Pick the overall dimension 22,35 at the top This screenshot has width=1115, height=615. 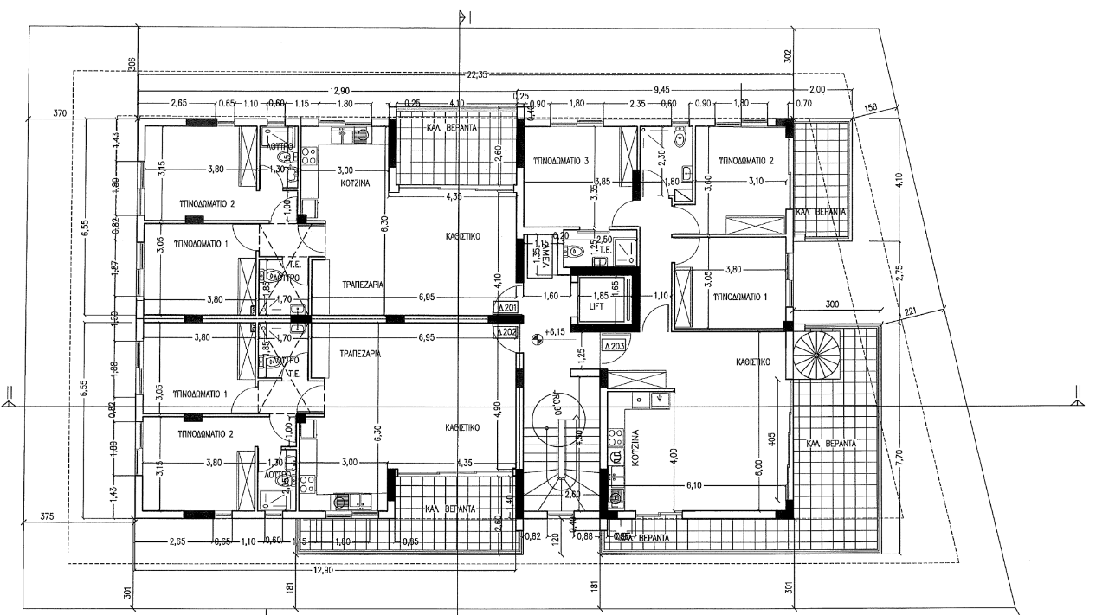tap(476, 75)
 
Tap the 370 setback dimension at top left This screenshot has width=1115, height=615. tap(60, 112)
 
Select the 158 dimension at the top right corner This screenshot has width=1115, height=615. tap(871, 108)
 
